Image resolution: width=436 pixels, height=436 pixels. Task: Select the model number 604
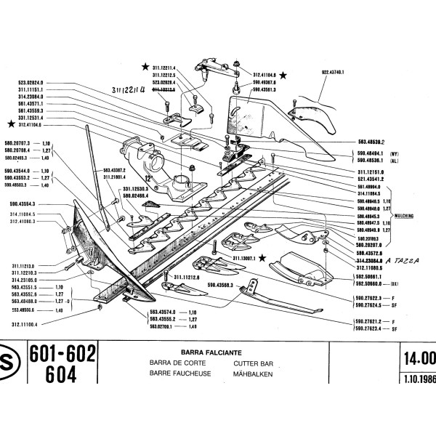49,374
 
